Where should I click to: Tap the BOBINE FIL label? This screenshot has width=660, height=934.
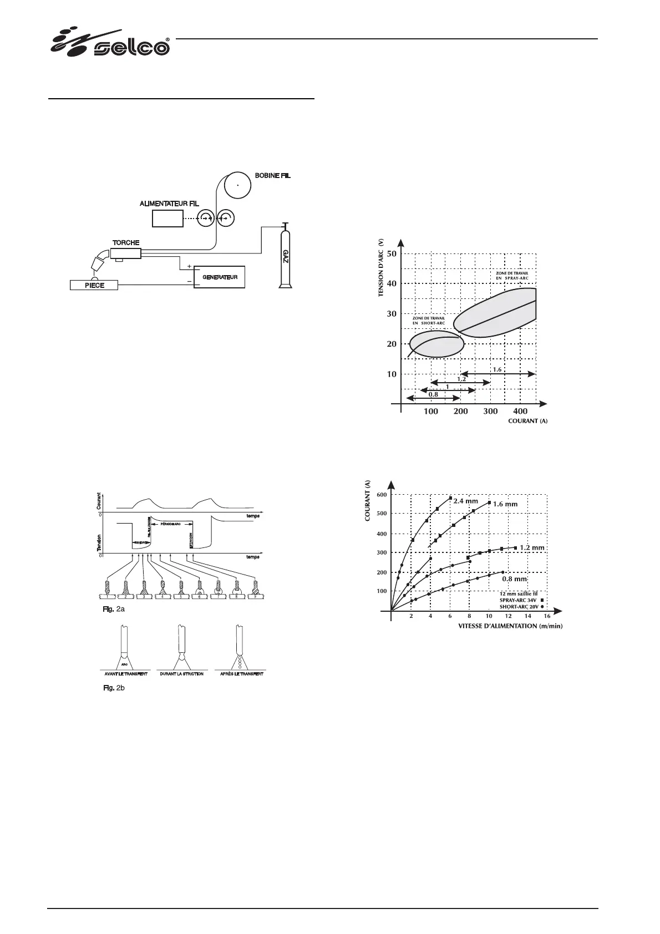[x=272, y=176]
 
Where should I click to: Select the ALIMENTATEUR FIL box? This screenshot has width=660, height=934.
[x=167, y=219]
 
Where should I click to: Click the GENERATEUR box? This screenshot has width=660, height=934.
[x=219, y=277]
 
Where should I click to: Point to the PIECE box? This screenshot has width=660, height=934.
[x=94, y=285]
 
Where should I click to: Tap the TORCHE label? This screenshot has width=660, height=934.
[x=126, y=243]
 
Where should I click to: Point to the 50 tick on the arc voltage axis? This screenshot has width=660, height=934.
[x=392, y=253]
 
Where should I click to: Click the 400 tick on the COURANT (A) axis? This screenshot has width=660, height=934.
[x=520, y=412]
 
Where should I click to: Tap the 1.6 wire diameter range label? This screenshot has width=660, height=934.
[x=497, y=369]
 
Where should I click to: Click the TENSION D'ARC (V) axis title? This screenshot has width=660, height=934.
[x=381, y=267]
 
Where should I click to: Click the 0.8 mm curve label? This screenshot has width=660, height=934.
[x=514, y=578]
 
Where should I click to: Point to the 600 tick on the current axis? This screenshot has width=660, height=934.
[x=382, y=495]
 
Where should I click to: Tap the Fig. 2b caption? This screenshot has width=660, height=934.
[x=114, y=688]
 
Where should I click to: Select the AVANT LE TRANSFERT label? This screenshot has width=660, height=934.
[x=126, y=674]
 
